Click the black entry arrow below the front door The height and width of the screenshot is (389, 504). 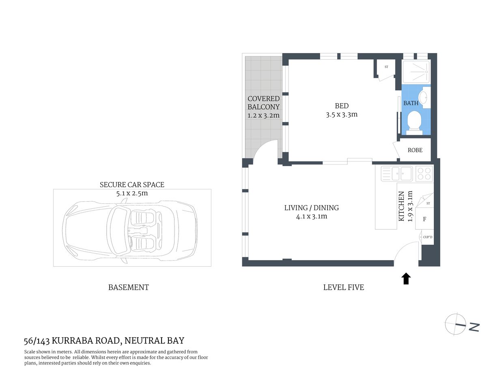pos(406,279)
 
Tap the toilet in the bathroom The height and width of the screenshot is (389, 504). pos(414,122)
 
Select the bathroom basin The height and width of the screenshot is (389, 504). pos(423,98)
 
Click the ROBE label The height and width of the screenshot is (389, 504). pos(415,150)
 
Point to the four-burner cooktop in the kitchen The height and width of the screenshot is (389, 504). pos(424,174)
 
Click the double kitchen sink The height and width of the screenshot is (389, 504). pos(397,174)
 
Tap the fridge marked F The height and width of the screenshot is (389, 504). pos(424,219)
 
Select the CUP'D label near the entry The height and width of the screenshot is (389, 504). pos(427,237)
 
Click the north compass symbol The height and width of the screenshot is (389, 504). pos(456,324)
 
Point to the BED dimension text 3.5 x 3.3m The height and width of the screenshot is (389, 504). pos(342,115)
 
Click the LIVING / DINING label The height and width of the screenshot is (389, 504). pos(311,208)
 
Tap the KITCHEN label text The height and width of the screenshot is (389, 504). pos(401,206)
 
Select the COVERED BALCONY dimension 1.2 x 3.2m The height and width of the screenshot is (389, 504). pos(263,115)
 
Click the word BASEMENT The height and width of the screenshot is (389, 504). pos(128,287)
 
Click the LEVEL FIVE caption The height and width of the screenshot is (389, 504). pos(343,287)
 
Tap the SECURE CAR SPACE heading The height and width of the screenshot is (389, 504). pos(132,185)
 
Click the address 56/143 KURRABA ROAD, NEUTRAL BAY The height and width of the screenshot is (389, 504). pos(104,341)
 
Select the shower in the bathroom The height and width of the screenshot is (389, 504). pos(416,72)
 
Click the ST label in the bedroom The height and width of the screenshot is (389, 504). pos(386,67)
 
